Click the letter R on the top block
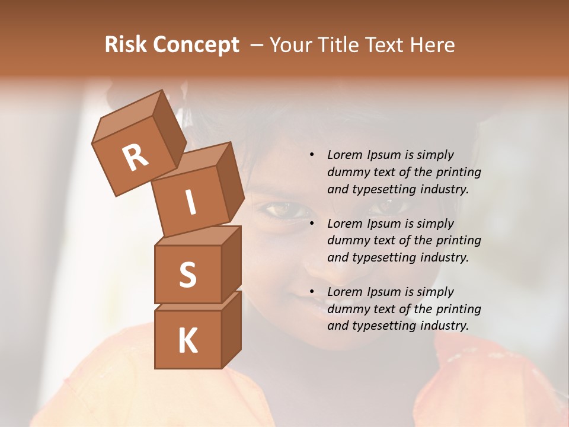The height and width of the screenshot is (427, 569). point(135,158)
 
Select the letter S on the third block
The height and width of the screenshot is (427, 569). point(187,275)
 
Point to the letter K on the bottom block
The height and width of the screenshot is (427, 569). point(187,340)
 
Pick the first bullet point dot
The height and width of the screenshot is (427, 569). point(312,155)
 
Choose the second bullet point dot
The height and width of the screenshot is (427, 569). point(312,224)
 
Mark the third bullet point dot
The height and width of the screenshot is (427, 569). point(312,292)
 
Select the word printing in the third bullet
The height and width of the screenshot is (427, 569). point(458,309)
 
